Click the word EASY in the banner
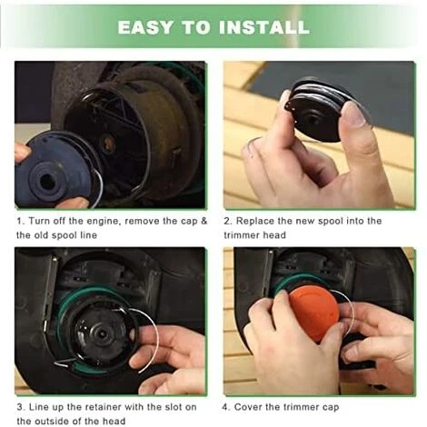(x=145, y=27)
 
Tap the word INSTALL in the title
(x=263, y=27)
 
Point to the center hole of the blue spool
(x=48, y=182)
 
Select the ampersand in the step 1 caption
(x=204, y=221)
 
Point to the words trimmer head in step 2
(x=254, y=235)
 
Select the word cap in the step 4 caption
(x=331, y=408)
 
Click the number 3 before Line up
(x=20, y=407)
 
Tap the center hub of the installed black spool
(x=103, y=334)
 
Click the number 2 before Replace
(x=227, y=221)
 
